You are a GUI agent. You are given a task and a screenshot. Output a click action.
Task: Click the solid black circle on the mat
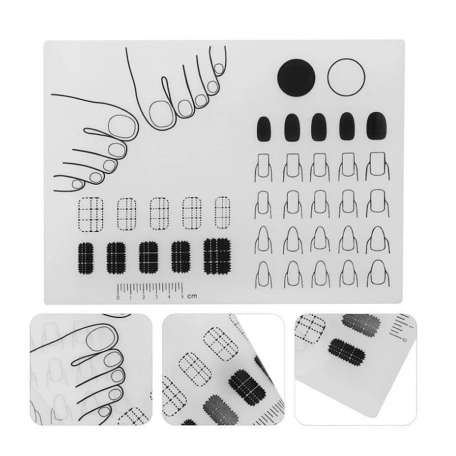pyautogui.click(x=296, y=78)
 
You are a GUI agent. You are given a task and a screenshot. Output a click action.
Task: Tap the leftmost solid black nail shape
pyautogui.click(x=264, y=129)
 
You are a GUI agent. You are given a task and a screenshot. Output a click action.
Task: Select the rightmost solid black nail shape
pyautogui.click(x=377, y=125)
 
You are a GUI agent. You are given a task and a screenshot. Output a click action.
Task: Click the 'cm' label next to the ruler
pyautogui.click(x=192, y=296)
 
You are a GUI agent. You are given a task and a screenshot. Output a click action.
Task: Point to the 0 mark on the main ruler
pyautogui.click(x=118, y=298)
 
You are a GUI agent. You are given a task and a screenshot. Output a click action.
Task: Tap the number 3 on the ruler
pyautogui.click(x=156, y=297)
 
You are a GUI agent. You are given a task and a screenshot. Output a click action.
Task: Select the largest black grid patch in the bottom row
pyautogui.click(x=217, y=256)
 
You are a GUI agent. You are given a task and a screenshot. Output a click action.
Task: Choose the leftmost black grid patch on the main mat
pyautogui.click(x=86, y=258)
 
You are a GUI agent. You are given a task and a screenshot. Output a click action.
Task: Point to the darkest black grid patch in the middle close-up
pyautogui.click(x=247, y=388)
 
